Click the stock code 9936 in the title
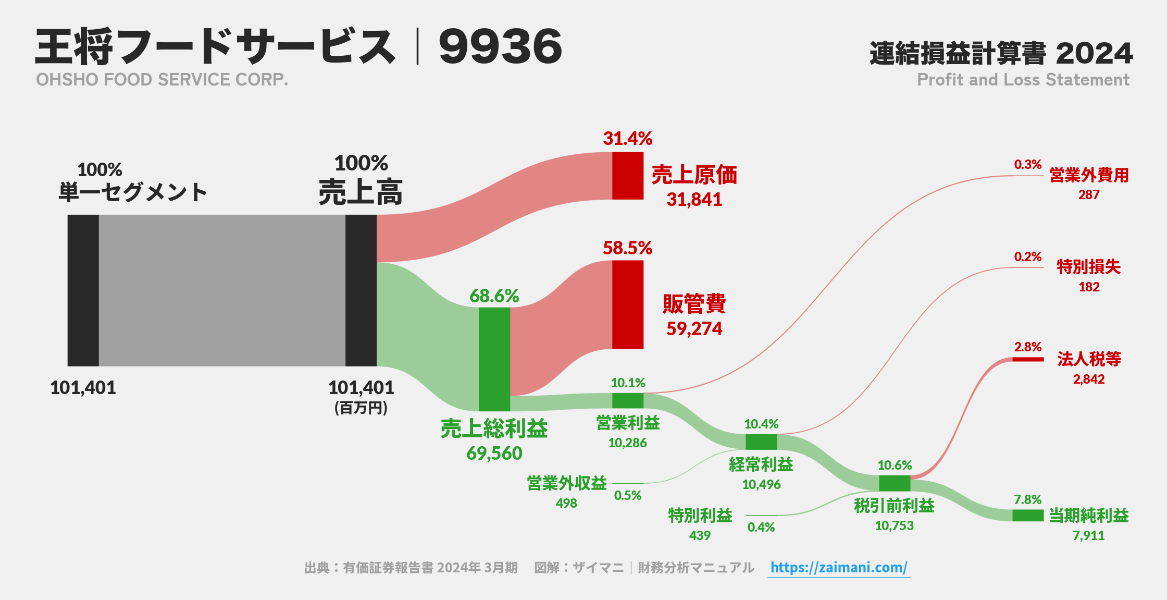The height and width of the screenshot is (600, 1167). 500,47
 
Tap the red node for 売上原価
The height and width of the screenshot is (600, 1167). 627,176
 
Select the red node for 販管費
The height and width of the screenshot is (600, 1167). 627,304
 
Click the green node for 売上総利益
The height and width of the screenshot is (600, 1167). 494,359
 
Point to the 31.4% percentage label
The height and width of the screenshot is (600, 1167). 627,139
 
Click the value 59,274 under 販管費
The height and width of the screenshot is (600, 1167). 694,329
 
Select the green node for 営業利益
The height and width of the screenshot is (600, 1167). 627,400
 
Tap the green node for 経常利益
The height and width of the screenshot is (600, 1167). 761,442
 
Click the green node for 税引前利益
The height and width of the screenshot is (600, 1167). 894,483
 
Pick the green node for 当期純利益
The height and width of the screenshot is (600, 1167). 1027,515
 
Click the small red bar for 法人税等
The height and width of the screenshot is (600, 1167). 1027,359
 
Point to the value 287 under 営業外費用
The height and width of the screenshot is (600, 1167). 1088,195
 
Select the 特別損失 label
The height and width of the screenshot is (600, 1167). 1088,267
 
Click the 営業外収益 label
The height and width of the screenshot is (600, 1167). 566,483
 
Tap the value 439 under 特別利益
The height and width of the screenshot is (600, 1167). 699,535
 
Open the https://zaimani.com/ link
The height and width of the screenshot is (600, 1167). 838,567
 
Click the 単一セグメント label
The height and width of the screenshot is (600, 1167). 133,192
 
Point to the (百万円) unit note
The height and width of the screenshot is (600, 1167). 361,408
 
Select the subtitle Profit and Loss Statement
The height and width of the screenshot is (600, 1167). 1023,80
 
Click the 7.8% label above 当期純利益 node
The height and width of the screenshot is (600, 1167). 1027,499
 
